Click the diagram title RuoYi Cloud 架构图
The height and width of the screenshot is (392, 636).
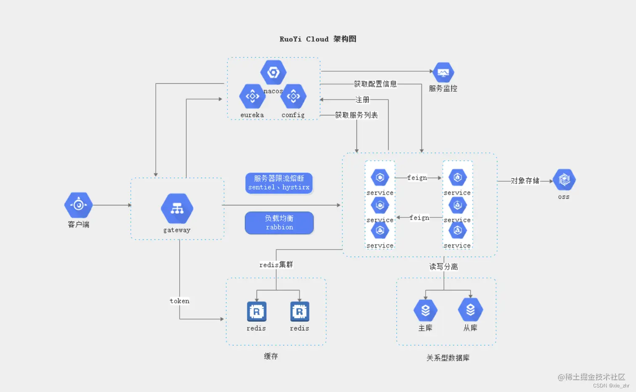tap(318, 39)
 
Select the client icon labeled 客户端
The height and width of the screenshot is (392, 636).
tap(78, 205)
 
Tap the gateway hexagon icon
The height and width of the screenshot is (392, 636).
tap(177, 209)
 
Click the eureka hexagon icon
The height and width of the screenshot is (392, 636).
tap(252, 96)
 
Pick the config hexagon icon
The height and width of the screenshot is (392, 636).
tap(293, 96)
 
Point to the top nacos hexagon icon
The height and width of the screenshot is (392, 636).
tap(273, 73)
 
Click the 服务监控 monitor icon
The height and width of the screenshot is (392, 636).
tap(443, 73)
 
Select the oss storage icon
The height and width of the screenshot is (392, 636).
tap(564, 180)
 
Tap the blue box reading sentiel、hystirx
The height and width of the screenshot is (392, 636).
tap(279, 183)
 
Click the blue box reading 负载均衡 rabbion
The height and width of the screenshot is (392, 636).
tap(279, 222)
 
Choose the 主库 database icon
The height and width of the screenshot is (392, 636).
tap(425, 310)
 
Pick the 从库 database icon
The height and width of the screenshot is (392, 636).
tap(470, 310)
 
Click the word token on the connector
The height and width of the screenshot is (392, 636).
tap(180, 301)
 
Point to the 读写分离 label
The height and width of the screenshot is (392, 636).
tap(443, 267)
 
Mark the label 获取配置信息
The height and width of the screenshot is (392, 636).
tap(375, 84)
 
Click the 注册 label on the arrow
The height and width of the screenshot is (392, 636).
tap(362, 100)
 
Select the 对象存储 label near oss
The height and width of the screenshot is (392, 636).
tap(525, 181)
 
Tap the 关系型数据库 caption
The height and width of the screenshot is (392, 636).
tap(448, 358)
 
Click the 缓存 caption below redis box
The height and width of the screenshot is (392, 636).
tap(271, 356)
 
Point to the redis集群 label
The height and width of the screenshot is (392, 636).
tap(276, 265)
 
